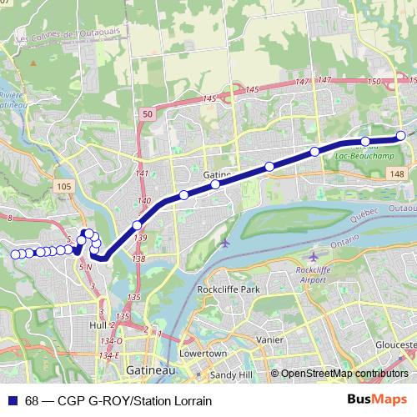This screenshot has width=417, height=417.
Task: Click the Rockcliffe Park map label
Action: click(x=229, y=289)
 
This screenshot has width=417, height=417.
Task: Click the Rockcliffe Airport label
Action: click(x=314, y=276)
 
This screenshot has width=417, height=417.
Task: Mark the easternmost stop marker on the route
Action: click(x=401, y=135)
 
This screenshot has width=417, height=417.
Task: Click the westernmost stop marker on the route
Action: click(x=16, y=254)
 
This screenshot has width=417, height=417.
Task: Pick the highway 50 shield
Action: click(x=147, y=113)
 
